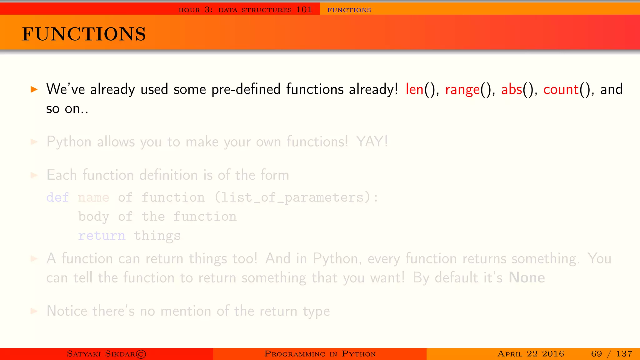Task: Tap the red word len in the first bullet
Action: coord(414,89)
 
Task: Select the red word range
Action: coord(462,90)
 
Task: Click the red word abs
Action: coord(512,89)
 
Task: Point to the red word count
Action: coord(561,89)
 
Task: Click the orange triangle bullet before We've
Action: coord(34,90)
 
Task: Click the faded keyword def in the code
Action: coord(57,197)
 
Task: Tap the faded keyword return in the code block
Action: coord(102,236)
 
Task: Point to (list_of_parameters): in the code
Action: coord(296,197)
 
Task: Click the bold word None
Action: coord(527,277)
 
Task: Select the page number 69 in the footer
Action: coord(596,354)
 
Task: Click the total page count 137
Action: coord(624,354)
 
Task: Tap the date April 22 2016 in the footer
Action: coord(531,354)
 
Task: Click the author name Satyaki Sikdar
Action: coord(106,354)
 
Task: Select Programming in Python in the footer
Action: coord(320,354)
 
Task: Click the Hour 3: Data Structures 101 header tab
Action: coord(245,10)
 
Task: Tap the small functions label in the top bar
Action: coord(349,10)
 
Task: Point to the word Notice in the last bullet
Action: coord(67,311)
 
